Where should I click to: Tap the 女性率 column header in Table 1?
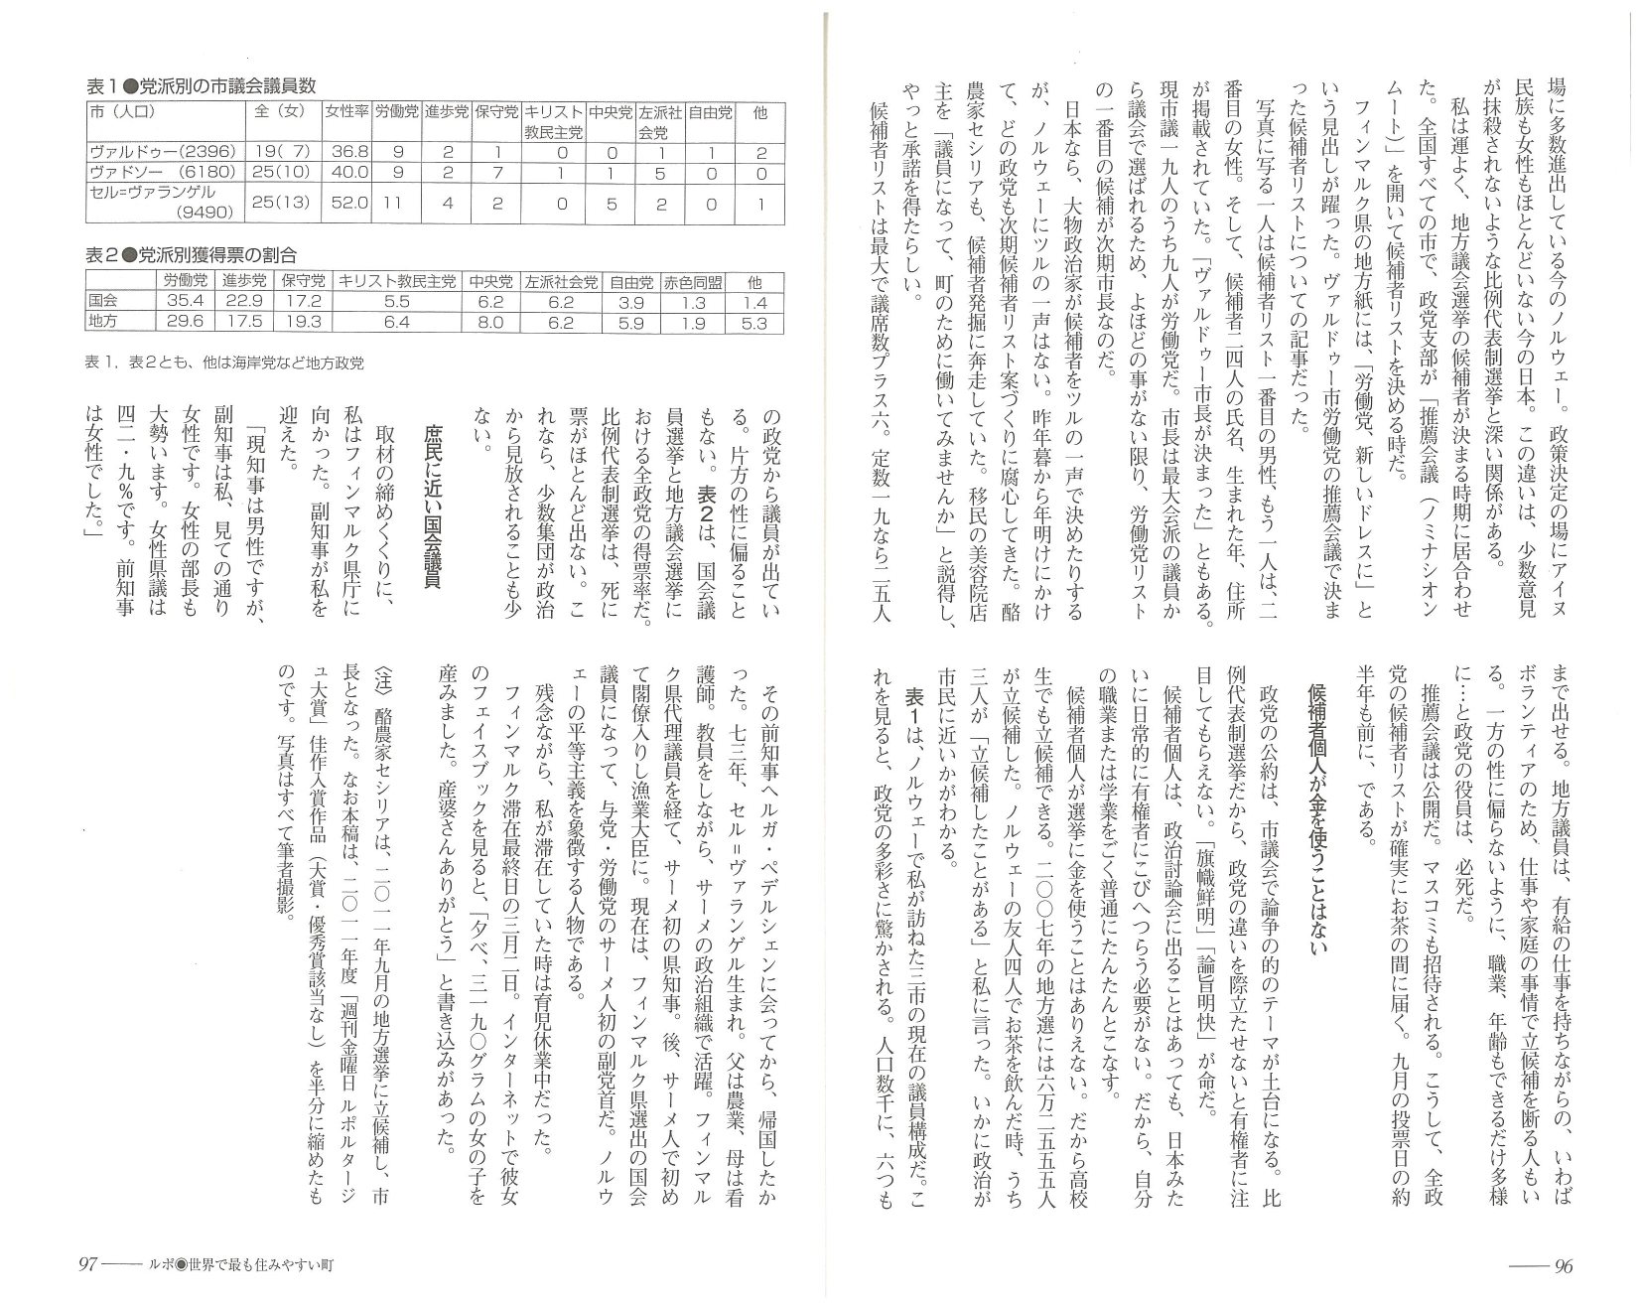346,113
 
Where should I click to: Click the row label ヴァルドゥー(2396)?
162,153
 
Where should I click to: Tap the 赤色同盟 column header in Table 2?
694,281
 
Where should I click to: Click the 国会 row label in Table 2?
102,301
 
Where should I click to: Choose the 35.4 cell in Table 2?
185,301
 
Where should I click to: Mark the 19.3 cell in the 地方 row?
303,322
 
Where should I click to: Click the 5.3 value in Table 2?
754,322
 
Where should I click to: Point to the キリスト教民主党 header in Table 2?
396,281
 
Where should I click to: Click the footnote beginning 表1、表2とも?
224,363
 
